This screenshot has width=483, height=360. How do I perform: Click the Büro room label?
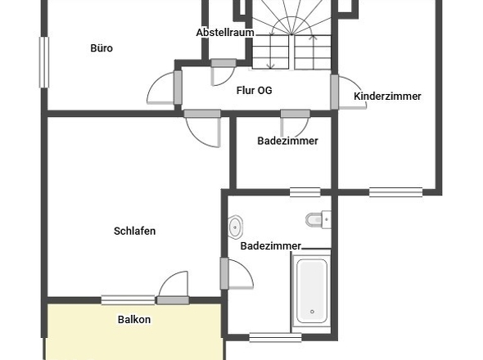[x=102, y=48]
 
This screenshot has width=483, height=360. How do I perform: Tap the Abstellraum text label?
[x=224, y=33]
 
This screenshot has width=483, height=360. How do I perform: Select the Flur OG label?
[x=254, y=91]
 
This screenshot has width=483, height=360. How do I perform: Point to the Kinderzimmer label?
[x=387, y=97]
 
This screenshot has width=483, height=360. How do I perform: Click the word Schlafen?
[x=134, y=231]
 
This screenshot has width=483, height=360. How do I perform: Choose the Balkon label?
[x=134, y=320]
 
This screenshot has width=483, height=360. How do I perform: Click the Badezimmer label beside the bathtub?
[x=270, y=245]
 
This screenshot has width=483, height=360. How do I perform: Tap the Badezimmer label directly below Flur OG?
[x=287, y=141]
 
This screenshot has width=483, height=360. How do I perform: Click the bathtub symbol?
[x=311, y=290]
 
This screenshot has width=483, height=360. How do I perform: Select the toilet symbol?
[x=316, y=219]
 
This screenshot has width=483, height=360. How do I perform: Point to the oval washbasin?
[x=237, y=225]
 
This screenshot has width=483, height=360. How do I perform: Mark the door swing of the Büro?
[x=161, y=87]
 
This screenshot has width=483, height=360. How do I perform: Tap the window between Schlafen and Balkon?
[x=128, y=299]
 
